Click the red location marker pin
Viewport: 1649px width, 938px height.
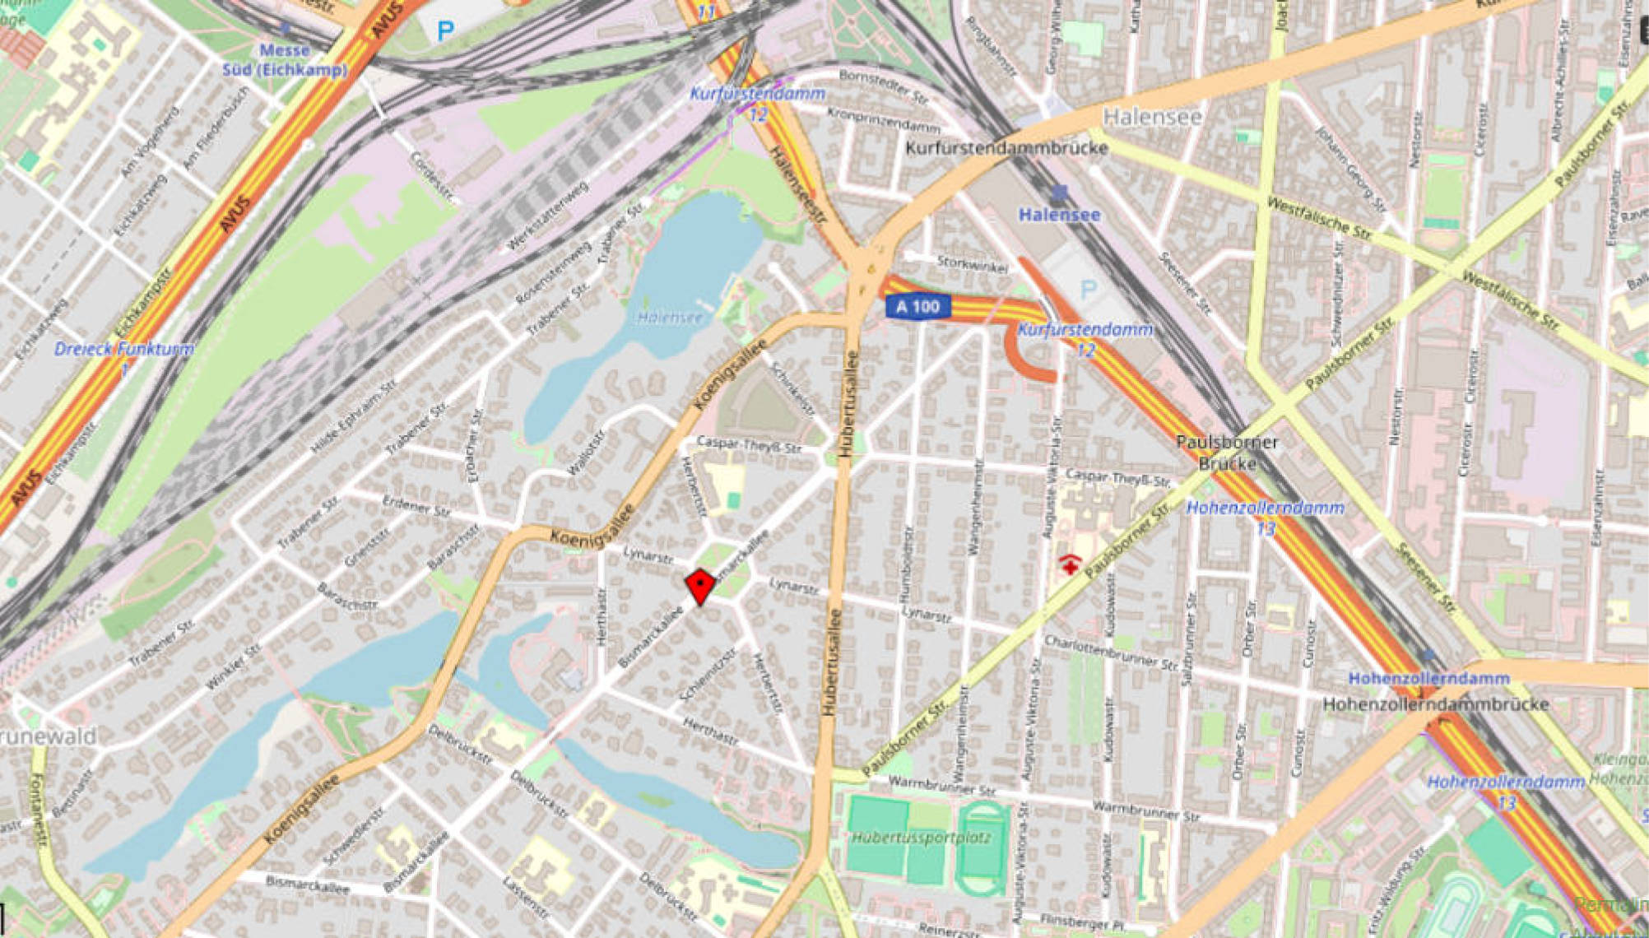(x=699, y=586)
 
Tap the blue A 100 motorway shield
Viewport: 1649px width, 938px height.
(x=917, y=307)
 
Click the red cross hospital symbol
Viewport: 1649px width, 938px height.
(x=1069, y=564)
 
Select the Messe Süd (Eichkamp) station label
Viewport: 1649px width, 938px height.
(x=285, y=60)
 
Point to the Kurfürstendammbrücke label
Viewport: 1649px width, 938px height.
(x=1006, y=148)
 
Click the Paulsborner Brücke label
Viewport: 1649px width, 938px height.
(x=1227, y=453)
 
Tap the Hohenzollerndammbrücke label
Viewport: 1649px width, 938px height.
(x=1435, y=704)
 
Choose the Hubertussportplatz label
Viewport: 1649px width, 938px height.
(x=921, y=838)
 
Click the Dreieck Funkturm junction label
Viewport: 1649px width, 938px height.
(x=123, y=350)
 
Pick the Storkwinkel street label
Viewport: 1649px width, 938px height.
(x=972, y=263)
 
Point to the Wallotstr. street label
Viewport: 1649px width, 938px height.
(x=585, y=453)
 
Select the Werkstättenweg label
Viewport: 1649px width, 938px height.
(x=548, y=216)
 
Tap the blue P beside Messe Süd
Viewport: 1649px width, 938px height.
(x=445, y=32)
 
